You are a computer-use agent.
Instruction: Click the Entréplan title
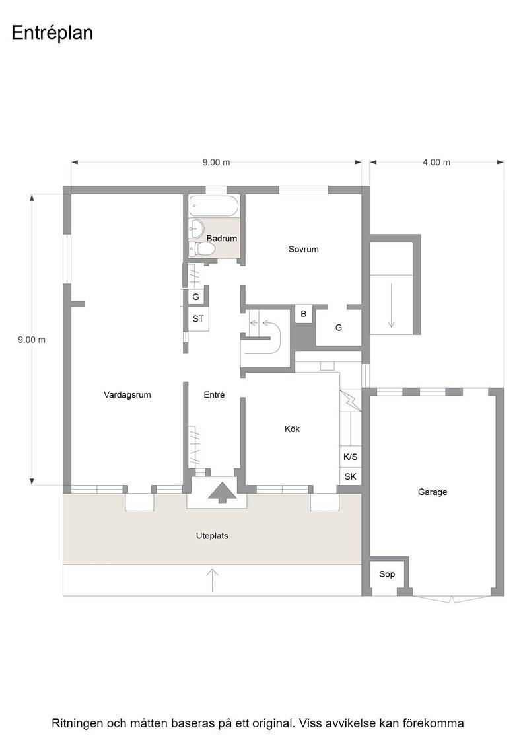[52, 34]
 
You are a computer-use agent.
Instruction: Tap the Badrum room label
[222, 239]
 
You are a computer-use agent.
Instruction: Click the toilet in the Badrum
[203, 249]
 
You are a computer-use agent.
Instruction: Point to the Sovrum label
[303, 249]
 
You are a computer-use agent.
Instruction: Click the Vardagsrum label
[127, 395]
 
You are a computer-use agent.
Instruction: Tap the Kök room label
[293, 429]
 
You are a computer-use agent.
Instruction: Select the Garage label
[433, 492]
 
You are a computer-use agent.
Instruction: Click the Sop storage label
[387, 574]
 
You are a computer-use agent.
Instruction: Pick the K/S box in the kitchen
[351, 457]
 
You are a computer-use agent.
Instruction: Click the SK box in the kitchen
[351, 476]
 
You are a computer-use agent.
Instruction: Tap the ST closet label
[198, 319]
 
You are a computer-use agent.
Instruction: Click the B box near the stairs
[303, 314]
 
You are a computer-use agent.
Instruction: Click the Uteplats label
[212, 536]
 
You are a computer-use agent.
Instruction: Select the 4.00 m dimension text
[436, 163]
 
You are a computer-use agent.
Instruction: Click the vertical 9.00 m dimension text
[32, 340]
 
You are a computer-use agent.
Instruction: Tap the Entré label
[214, 395]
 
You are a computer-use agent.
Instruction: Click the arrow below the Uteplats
[212, 580]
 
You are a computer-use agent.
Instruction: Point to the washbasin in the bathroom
[196, 229]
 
